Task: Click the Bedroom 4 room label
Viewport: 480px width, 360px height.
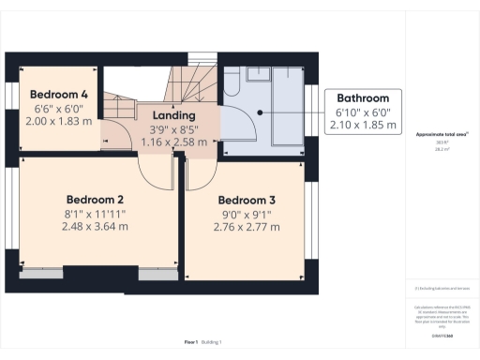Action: click(x=58, y=95)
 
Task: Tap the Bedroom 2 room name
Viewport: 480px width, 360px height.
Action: click(x=95, y=199)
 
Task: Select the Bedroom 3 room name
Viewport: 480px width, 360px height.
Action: click(x=247, y=201)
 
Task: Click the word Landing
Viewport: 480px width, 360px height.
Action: click(x=172, y=117)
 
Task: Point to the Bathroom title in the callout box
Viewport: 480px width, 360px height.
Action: click(x=363, y=98)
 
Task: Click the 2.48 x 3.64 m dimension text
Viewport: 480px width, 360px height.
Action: click(x=95, y=228)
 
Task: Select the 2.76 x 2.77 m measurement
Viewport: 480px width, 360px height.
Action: click(x=247, y=228)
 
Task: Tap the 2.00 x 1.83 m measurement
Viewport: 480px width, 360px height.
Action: click(x=58, y=122)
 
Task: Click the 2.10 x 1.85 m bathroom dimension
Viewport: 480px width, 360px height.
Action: click(x=363, y=126)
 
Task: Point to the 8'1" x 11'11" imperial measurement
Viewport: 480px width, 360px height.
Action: click(x=95, y=214)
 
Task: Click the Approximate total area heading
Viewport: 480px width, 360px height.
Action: click(x=442, y=135)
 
